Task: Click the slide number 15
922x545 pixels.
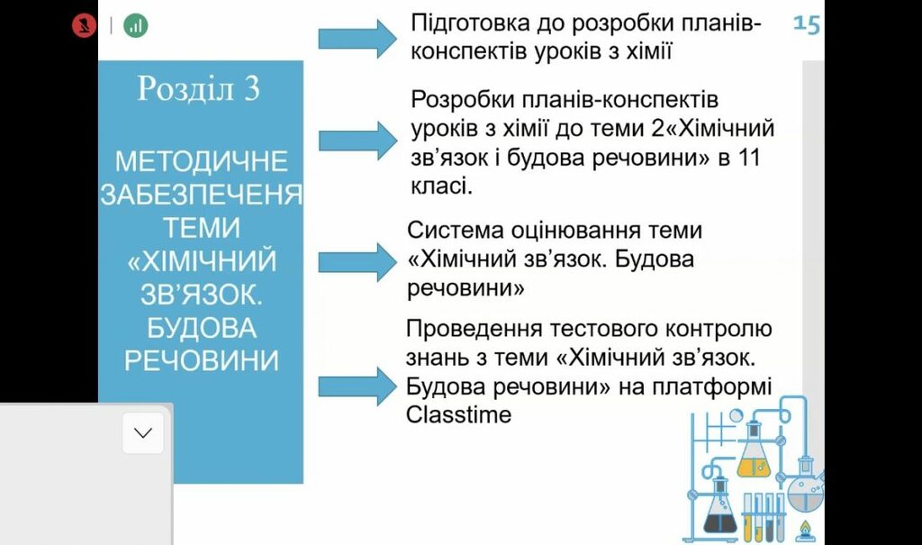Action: point(806,24)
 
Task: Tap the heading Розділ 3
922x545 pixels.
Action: point(198,89)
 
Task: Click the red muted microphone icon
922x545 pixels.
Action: point(84,25)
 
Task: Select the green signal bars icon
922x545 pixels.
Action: point(136,25)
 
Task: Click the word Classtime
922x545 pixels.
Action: point(458,415)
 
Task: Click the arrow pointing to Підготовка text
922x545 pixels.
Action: point(357,38)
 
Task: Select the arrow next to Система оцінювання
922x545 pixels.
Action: point(357,262)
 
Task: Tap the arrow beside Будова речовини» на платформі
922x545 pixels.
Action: point(357,386)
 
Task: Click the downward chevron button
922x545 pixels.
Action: point(143,433)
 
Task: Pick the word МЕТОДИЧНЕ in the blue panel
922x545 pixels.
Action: point(202,162)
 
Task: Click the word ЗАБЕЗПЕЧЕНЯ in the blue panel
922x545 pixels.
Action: point(202,195)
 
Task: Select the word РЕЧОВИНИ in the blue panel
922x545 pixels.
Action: point(202,361)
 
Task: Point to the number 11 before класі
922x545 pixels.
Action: point(749,159)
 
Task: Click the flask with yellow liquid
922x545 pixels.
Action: point(754,455)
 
